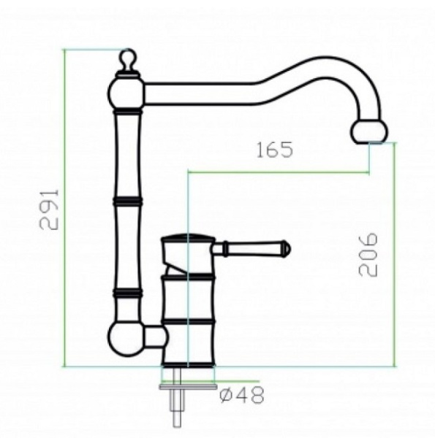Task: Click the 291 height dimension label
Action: point(50,210)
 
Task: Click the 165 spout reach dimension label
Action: point(275,150)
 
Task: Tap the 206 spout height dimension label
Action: point(368,255)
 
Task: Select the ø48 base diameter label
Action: point(242,395)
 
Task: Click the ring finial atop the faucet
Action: point(128,59)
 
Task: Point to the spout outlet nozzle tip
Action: point(369,132)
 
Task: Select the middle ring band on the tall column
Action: point(127,201)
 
